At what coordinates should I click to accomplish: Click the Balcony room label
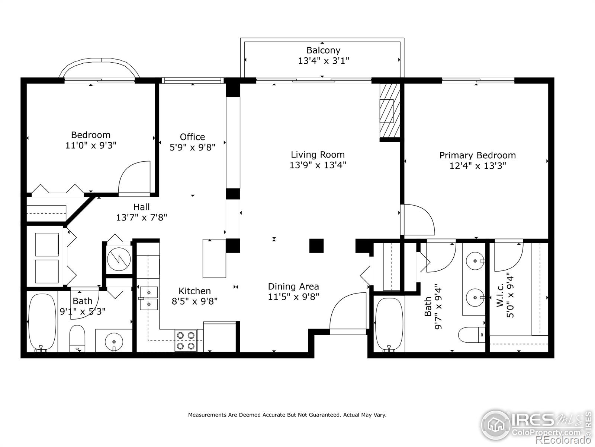[x=323, y=50]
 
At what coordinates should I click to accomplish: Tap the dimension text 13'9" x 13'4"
[x=318, y=165]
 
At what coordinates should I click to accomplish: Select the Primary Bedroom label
[x=477, y=155]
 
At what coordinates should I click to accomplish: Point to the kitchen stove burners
[x=186, y=340]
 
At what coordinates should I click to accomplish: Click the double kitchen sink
[x=149, y=298]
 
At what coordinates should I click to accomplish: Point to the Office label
[x=192, y=137]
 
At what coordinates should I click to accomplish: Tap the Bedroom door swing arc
[x=135, y=177]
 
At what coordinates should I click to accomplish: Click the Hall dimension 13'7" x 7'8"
[x=141, y=217]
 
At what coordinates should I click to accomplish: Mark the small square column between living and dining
[x=316, y=246]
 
